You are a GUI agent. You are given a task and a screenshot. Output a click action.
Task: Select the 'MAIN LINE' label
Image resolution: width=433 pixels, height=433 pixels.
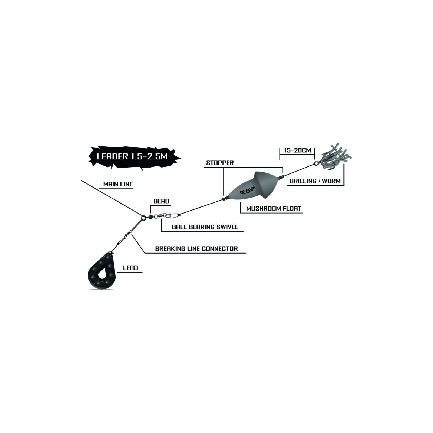[118, 184]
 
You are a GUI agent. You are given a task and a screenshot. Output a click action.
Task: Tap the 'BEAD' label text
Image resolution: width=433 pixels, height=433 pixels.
[161, 201]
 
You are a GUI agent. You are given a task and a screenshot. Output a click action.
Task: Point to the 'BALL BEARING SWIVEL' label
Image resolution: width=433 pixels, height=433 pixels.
[205, 227]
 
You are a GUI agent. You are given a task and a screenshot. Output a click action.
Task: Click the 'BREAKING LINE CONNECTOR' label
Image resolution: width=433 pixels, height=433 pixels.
[196, 248]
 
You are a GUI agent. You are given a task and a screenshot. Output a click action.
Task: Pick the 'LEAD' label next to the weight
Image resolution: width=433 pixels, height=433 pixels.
[130, 268]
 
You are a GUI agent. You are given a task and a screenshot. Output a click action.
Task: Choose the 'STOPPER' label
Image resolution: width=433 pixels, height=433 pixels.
[220, 163]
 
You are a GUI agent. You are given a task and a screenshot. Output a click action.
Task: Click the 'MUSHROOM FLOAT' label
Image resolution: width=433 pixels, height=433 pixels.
[274, 208]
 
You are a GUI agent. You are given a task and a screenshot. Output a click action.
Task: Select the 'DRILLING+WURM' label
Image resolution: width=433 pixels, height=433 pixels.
[315, 181]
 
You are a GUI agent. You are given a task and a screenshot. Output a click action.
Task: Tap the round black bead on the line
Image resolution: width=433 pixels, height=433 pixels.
[150, 216]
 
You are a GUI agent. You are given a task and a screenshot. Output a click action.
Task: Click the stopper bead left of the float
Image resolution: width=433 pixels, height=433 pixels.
[224, 199]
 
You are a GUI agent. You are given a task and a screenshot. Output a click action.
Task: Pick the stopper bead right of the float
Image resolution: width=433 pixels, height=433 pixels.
[283, 177]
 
